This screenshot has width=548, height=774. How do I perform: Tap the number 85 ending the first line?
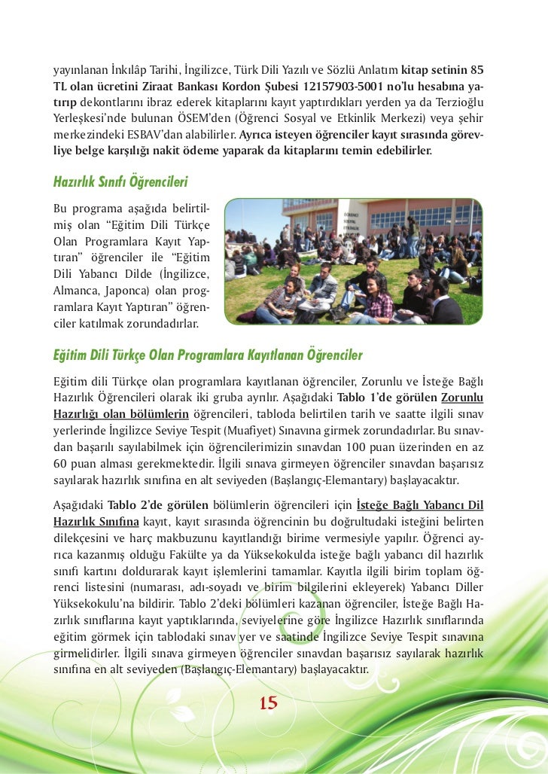(476, 70)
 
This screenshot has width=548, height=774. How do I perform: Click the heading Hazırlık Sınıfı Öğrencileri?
(120, 182)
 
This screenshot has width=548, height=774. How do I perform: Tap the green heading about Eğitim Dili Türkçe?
(208, 355)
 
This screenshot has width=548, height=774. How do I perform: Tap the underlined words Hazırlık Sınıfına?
(95, 520)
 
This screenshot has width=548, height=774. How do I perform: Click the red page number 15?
(269, 703)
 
